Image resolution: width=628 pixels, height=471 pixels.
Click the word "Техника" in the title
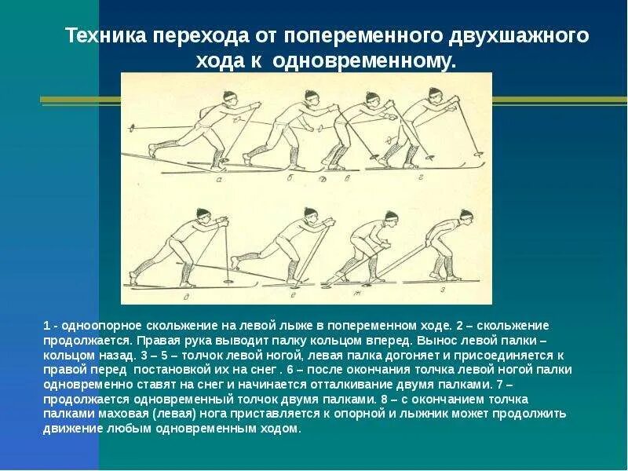tap(105, 37)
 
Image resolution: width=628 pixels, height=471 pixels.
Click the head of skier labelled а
tap(228, 98)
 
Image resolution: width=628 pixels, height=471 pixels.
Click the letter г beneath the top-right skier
tap(422, 179)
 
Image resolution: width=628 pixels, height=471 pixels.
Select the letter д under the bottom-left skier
tap(185, 298)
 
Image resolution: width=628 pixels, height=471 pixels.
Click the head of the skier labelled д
tap(203, 214)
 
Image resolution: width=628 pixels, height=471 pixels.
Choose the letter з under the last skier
tap(443, 290)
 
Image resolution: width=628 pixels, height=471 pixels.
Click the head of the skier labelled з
tap(466, 216)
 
